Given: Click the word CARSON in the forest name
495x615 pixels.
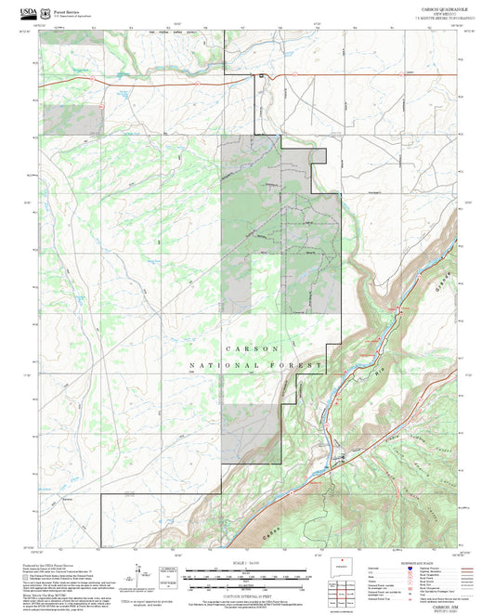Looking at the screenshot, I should (247, 347).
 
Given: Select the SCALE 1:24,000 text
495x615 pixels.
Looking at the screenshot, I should (247, 565).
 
